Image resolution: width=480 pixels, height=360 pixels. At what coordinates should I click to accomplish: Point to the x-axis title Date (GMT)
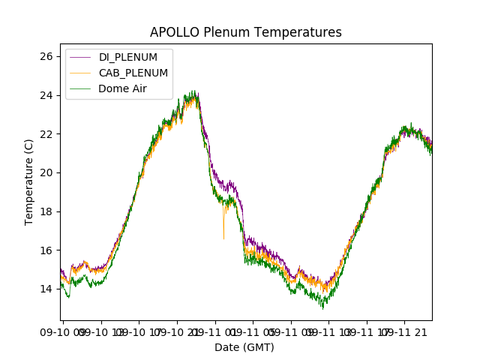click(x=244, y=347)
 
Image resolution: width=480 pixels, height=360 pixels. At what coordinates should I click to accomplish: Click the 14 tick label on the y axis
click(x=46, y=289)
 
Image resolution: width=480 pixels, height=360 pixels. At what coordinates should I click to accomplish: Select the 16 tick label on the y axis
click(x=46, y=250)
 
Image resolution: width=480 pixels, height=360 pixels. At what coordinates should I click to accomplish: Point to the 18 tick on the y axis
click(x=46, y=211)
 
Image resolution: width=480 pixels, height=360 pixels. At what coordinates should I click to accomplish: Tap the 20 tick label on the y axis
click(x=46, y=172)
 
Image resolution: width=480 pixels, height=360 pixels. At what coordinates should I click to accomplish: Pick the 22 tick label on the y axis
click(x=46, y=133)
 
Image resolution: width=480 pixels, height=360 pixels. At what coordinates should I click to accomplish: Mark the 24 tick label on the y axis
click(x=46, y=95)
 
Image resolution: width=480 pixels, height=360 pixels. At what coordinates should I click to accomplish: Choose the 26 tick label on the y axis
click(x=46, y=56)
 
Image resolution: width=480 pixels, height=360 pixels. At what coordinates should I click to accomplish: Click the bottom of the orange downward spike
click(x=223, y=238)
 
